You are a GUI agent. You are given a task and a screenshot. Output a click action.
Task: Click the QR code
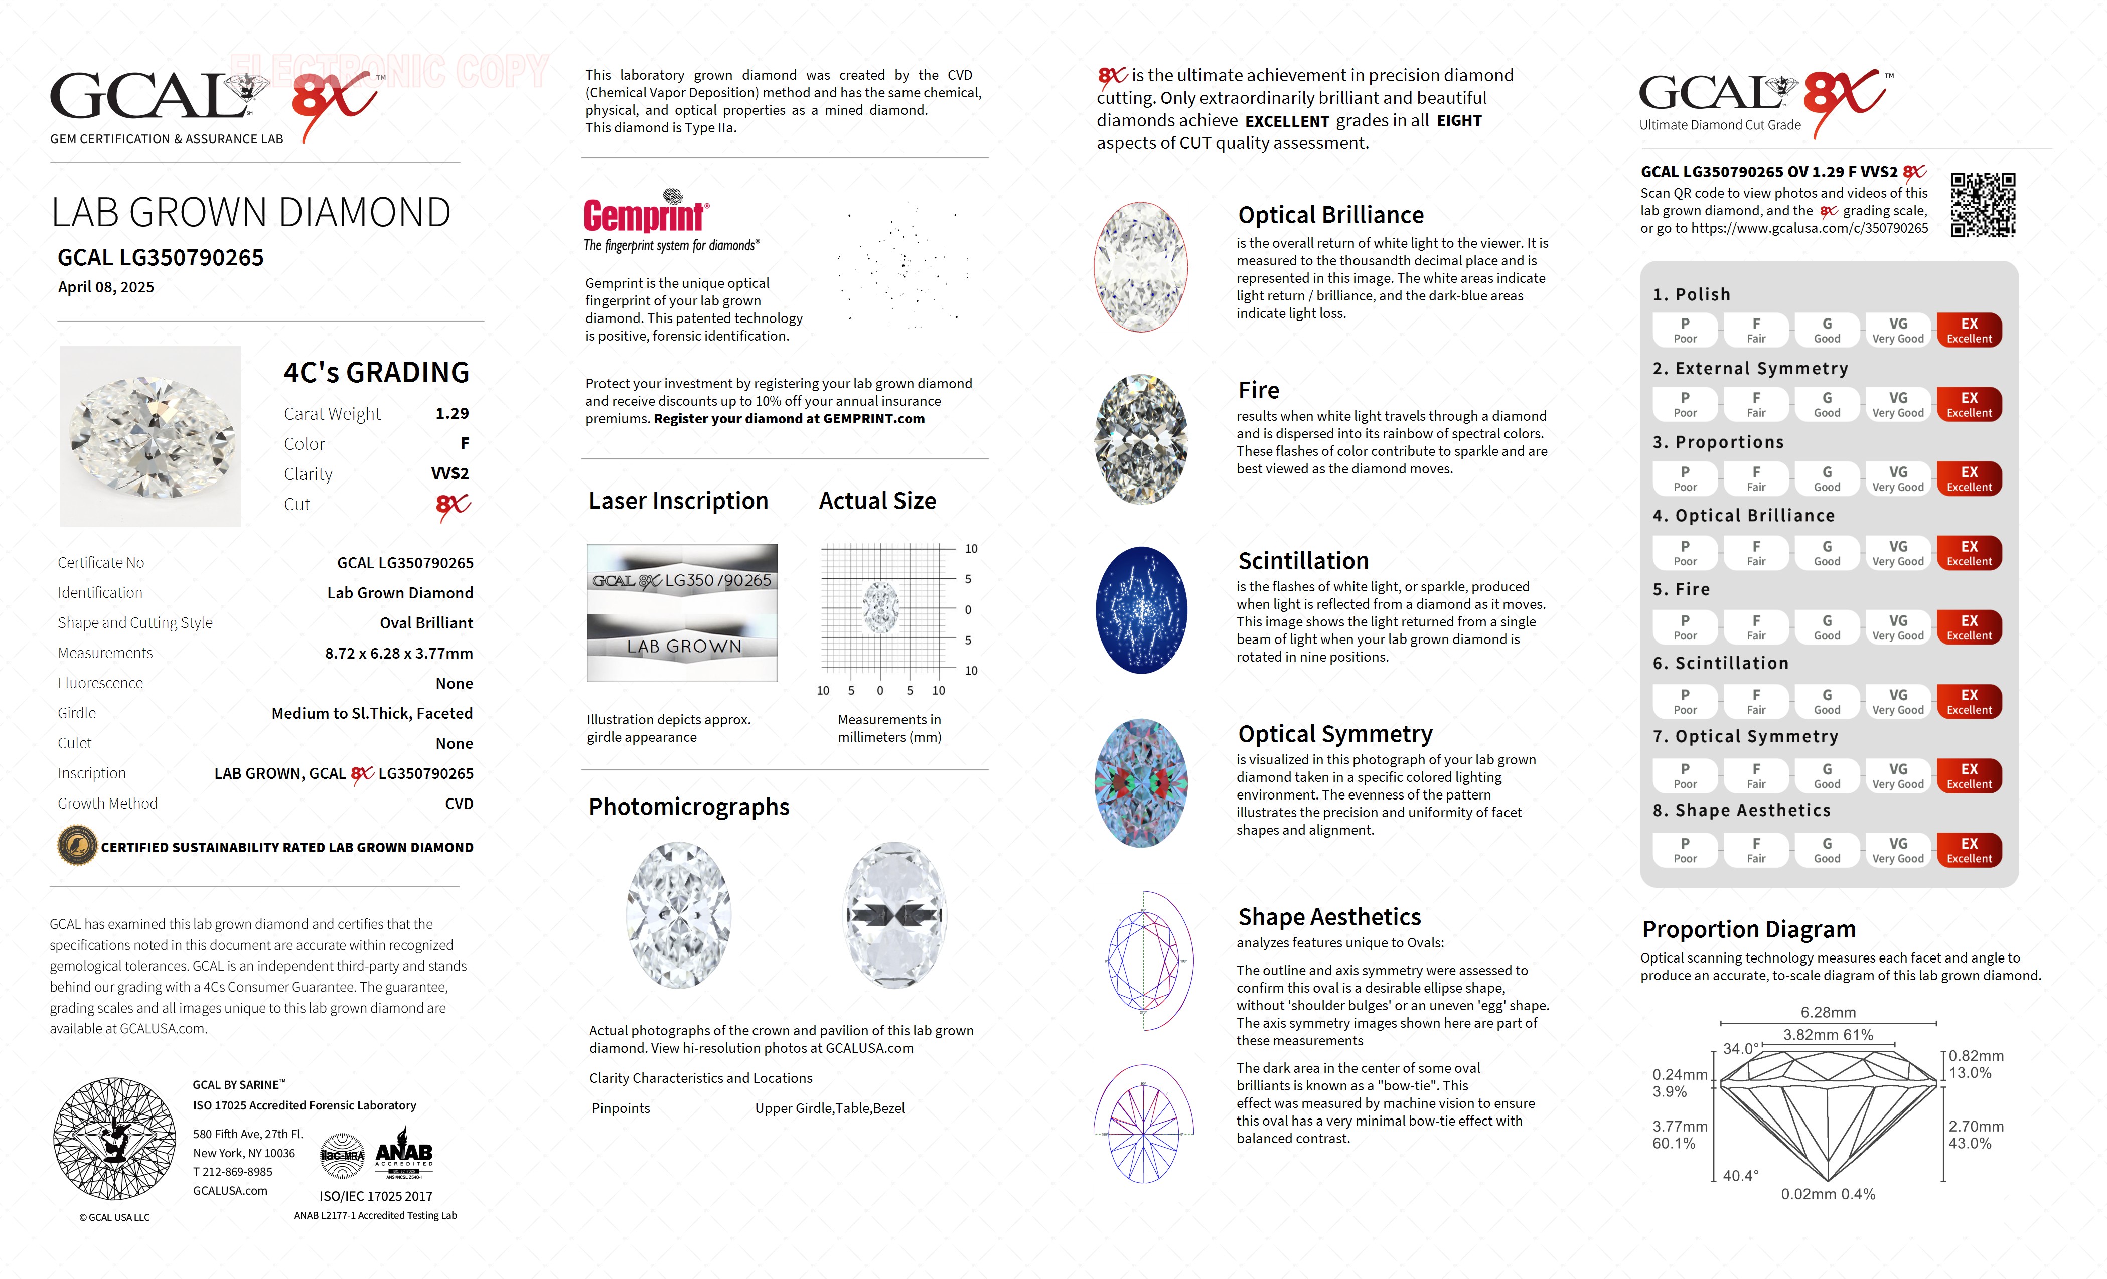pos(1982,205)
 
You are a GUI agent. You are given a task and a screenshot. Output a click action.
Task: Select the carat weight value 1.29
pos(452,414)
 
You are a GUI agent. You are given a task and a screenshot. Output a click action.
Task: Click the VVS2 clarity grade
pos(450,473)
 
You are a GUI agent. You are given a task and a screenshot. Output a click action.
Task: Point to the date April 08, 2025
pos(106,287)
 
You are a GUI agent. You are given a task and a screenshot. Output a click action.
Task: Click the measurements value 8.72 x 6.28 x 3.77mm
pos(398,653)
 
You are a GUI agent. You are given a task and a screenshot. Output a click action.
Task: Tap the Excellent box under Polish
pos(1969,330)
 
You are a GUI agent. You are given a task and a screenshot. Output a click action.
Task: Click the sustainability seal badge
pos(77,847)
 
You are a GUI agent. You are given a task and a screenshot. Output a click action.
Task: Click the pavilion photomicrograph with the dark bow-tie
pos(894,915)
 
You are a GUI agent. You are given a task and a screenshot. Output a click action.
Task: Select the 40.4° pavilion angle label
pos(1740,1176)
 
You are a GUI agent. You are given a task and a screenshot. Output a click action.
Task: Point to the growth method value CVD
pos(459,804)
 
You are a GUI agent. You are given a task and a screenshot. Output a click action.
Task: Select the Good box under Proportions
pos(1827,479)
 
